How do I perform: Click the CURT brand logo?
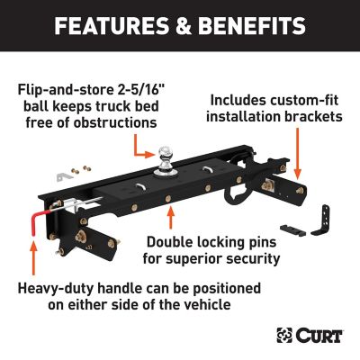314,336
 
